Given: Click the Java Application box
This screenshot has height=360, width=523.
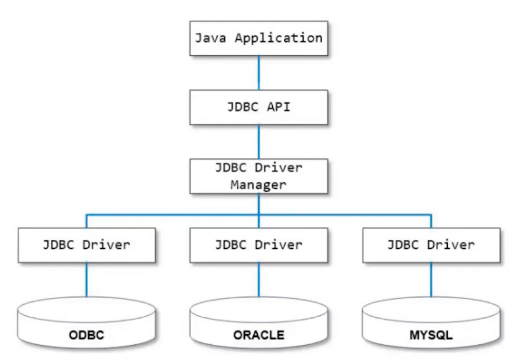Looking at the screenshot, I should point(258,38).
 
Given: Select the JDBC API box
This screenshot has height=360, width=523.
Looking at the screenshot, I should point(258,107).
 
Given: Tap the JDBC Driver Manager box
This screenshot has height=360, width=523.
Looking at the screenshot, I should point(258,176).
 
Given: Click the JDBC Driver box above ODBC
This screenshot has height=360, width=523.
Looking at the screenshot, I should point(87,245).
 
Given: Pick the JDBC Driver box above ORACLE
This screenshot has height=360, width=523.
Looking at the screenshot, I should point(258,245).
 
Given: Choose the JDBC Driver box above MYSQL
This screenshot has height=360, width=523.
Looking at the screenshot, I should point(431,245).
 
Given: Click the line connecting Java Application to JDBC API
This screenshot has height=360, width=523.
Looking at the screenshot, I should point(258,73).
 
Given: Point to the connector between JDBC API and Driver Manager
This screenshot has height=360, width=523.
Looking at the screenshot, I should point(258,142).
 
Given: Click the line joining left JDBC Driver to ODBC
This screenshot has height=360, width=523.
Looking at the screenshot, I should point(87,280).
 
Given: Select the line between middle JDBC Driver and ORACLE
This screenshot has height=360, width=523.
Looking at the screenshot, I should point(258,280).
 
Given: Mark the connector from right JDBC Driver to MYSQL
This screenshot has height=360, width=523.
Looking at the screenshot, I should point(431,280).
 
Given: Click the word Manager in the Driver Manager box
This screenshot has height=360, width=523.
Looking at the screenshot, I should point(258,185).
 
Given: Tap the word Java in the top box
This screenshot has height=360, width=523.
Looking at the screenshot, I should point(210,38).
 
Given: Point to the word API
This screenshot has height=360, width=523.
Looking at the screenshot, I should point(278,107).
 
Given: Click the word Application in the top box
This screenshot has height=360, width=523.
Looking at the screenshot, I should point(278,38).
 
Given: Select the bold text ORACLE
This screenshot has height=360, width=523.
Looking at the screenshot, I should point(258,335).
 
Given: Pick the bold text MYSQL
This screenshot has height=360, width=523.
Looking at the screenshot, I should point(431,335).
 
